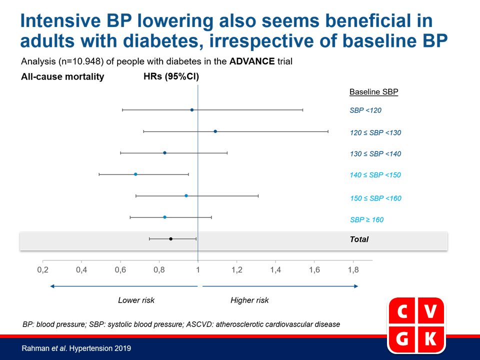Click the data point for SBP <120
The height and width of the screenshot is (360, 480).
click(x=192, y=110)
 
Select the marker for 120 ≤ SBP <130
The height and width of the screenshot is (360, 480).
click(x=215, y=131)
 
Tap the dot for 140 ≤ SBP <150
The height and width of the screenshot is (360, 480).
click(x=135, y=174)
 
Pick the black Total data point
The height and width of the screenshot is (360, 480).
click(x=171, y=239)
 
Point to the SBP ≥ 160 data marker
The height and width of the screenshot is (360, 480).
click(x=164, y=217)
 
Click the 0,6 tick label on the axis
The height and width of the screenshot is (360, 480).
click(x=120, y=269)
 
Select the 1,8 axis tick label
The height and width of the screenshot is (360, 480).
click(x=353, y=269)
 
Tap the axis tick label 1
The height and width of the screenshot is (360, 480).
click(x=198, y=269)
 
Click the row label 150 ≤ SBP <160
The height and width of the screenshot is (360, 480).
click(x=375, y=198)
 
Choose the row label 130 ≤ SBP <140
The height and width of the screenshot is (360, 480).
click(x=375, y=153)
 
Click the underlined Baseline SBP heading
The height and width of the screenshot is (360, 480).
click(x=374, y=92)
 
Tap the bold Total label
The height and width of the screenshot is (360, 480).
click(x=359, y=239)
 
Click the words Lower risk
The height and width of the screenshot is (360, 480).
click(x=136, y=300)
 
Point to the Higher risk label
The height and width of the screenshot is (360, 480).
click(x=249, y=300)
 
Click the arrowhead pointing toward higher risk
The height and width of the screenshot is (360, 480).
click(x=356, y=286)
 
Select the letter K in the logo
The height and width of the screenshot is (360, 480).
click(x=430, y=338)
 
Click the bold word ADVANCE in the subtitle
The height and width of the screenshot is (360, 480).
click(x=252, y=61)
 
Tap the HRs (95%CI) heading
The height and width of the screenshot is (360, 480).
click(x=171, y=76)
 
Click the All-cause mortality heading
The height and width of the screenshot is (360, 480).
click(x=62, y=76)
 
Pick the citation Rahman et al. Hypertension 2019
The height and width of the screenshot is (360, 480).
click(x=76, y=348)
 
